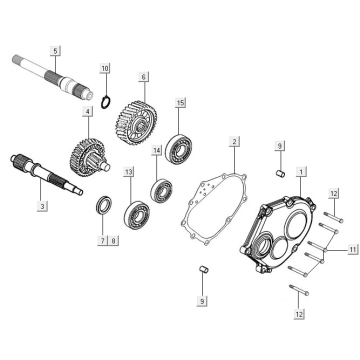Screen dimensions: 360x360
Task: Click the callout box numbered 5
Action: coord(55,51)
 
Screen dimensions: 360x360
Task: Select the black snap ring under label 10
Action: coord(106,102)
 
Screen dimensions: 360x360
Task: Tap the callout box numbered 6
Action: coord(144,77)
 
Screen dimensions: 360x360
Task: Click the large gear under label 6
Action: coord(136,123)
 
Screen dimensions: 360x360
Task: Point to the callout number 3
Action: coord(42,206)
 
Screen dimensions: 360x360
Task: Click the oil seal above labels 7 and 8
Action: coord(104,205)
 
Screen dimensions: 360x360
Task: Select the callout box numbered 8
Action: coord(113,240)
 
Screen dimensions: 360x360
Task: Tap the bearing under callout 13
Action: coord(137,214)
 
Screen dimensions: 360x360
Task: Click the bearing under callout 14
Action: coord(161,191)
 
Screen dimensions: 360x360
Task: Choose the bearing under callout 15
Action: coord(179,149)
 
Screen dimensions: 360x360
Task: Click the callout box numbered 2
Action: coord(234,141)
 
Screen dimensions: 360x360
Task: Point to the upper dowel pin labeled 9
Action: coord(281,173)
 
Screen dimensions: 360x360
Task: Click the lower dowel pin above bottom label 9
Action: coord(203,268)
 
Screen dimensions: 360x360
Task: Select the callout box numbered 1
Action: coord(301,172)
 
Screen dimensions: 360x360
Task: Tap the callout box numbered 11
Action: coord(353,249)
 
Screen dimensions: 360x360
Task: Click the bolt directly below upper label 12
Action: coord(332,217)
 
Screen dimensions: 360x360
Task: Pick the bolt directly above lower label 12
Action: coord(299,289)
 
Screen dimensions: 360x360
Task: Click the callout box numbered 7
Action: coord(103,240)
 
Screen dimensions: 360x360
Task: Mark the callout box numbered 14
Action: coord(156,151)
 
